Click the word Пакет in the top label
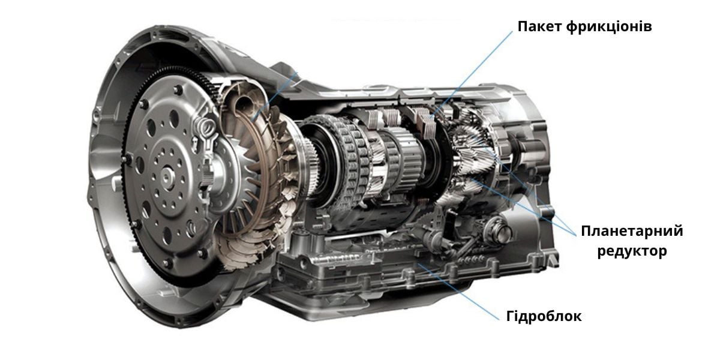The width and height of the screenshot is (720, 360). [540, 26]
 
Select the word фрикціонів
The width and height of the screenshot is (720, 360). [609, 27]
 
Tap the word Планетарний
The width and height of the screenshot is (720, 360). [632, 232]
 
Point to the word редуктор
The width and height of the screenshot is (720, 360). [632, 251]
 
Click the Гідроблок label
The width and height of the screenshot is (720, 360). [544, 316]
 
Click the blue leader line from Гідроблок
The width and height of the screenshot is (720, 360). [458, 292]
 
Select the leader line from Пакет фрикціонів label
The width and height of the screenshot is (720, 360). [472, 73]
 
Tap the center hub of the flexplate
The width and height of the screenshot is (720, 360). [167, 177]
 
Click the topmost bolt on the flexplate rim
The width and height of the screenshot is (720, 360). [178, 89]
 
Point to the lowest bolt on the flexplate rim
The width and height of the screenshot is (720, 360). [167, 263]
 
